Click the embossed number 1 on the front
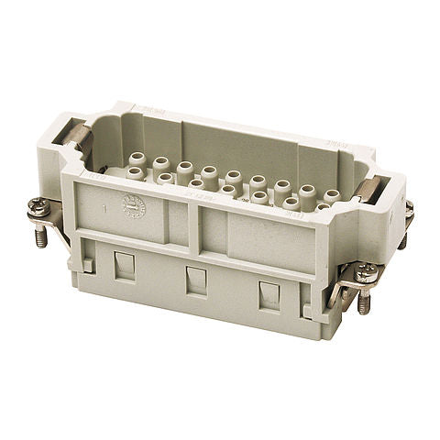(107, 209)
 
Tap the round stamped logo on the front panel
(134, 206)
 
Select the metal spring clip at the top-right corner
(368, 190)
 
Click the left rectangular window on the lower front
(125, 267)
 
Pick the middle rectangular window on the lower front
(196, 280)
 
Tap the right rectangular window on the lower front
(269, 295)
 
